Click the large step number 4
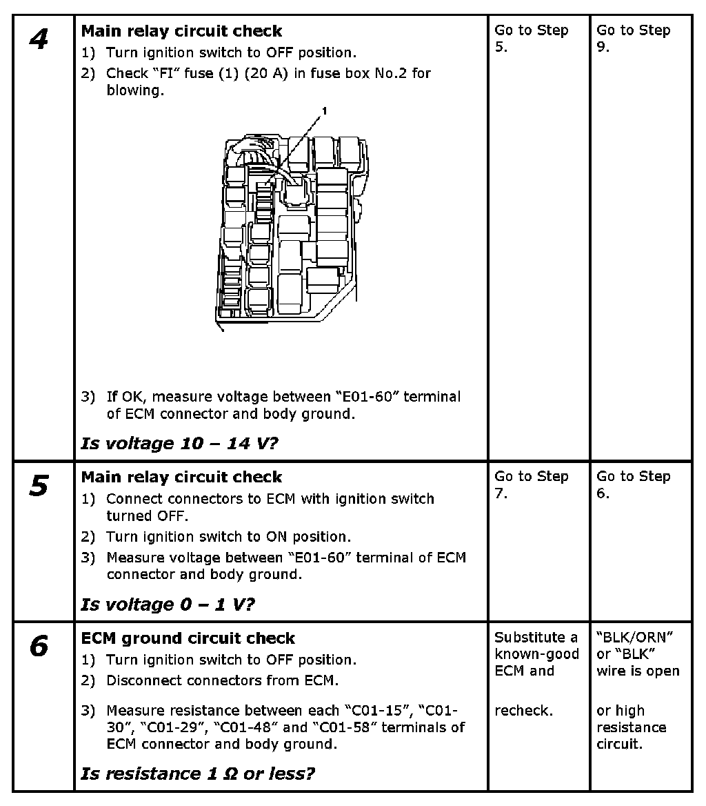pyautogui.click(x=39, y=39)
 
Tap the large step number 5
pyautogui.click(x=39, y=486)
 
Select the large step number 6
pyautogui.click(x=39, y=647)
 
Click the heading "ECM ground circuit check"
pyautogui.click(x=188, y=638)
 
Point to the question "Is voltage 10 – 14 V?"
pyautogui.click(x=179, y=443)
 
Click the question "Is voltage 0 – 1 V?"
pyautogui.click(x=168, y=604)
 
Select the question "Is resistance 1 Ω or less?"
pyautogui.click(x=197, y=774)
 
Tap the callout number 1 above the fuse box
pyautogui.click(x=324, y=110)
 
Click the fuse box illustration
pyautogui.click(x=290, y=228)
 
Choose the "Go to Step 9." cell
pyautogui.click(x=633, y=39)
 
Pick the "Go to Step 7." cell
pyautogui.click(x=531, y=484)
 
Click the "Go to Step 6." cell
pyautogui.click(x=633, y=484)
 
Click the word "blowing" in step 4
pyautogui.click(x=134, y=90)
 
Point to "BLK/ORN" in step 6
pyautogui.click(x=634, y=638)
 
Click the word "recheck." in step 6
pyautogui.click(x=523, y=711)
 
